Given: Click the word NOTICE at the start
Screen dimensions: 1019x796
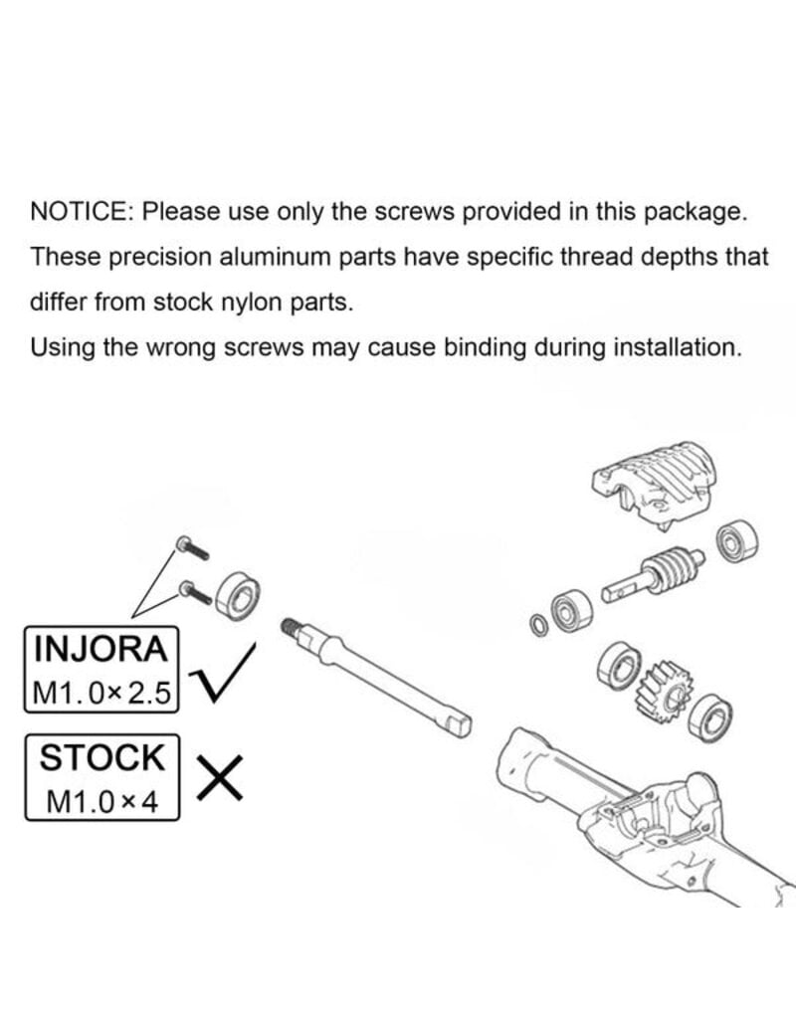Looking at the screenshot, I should (82, 212).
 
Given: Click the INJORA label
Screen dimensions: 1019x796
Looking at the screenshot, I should (100, 649).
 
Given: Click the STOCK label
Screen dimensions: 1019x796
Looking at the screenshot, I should (100, 757).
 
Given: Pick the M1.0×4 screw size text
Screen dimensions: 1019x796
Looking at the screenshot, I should (102, 801).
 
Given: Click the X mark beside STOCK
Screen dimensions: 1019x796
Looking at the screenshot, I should (221, 776).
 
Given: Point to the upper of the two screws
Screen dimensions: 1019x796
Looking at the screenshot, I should (190, 546).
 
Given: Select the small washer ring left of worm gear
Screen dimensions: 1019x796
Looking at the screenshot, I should (538, 626).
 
